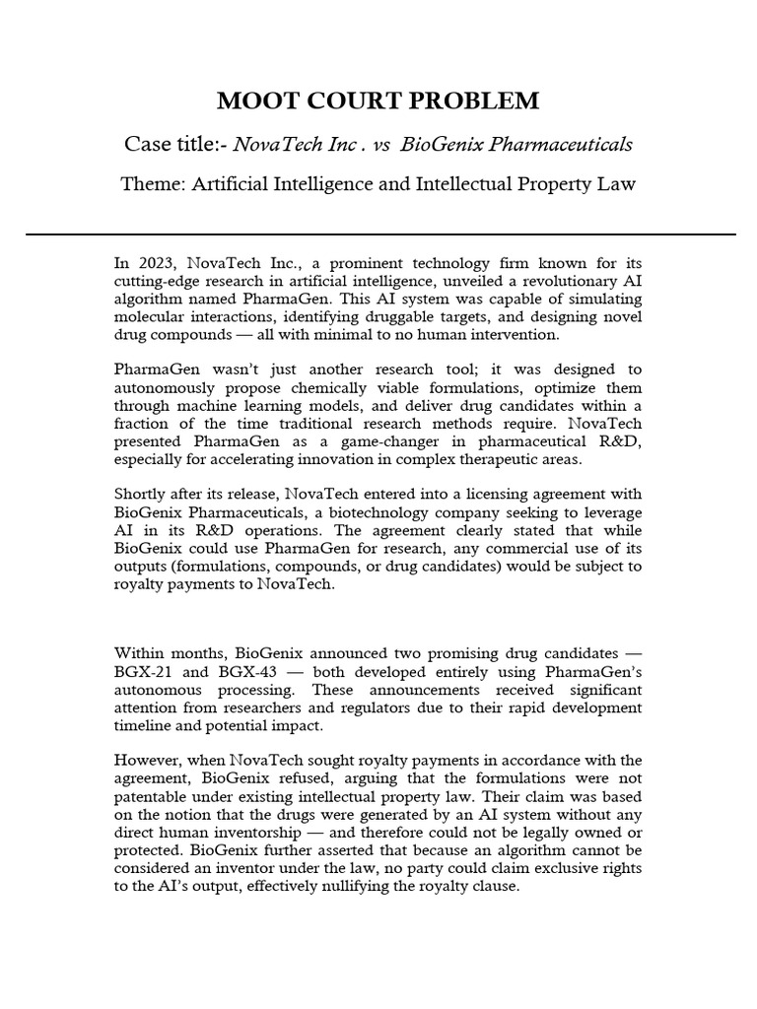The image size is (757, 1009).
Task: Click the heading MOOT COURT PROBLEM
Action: click(x=378, y=101)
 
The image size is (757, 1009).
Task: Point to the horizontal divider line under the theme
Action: click(x=378, y=235)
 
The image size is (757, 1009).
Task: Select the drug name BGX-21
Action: click(x=145, y=671)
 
